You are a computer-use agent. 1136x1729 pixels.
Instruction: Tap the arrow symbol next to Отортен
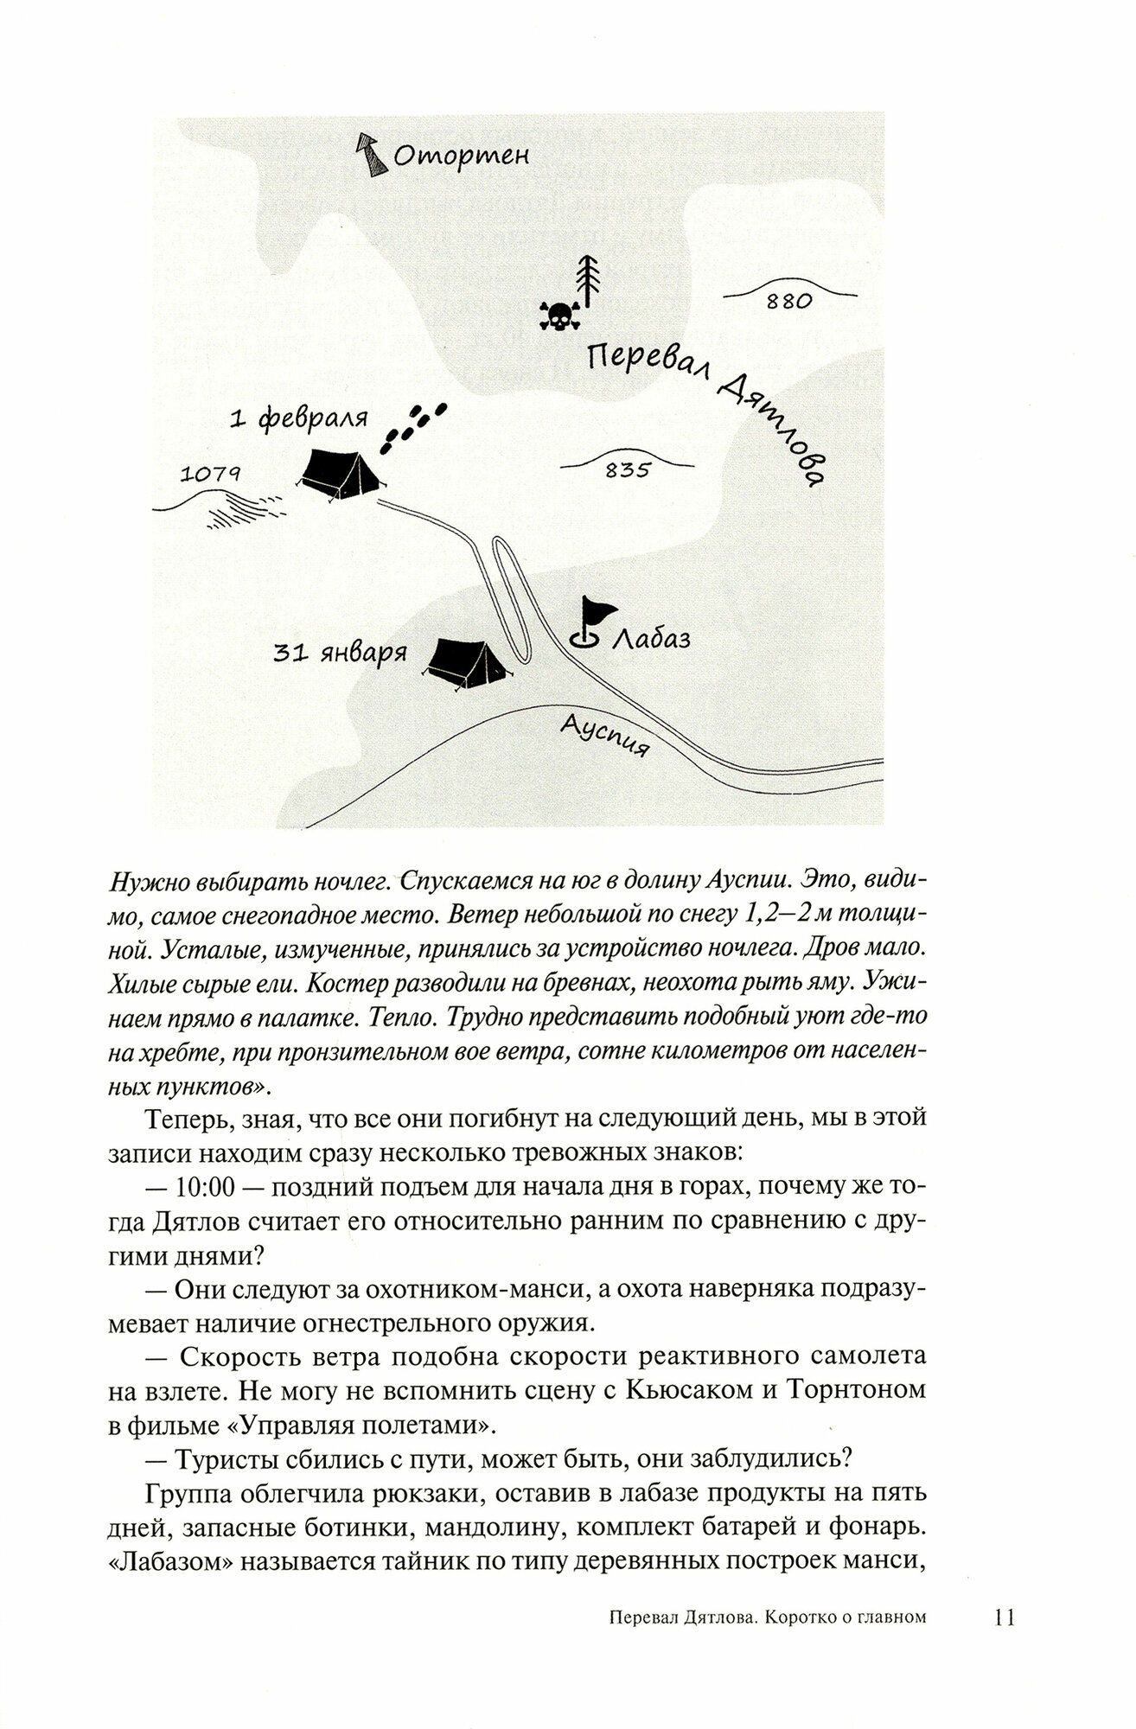pos(372,156)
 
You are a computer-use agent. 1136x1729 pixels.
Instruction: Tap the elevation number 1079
pos(210,473)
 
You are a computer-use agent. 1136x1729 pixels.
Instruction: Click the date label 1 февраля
pos(299,419)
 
